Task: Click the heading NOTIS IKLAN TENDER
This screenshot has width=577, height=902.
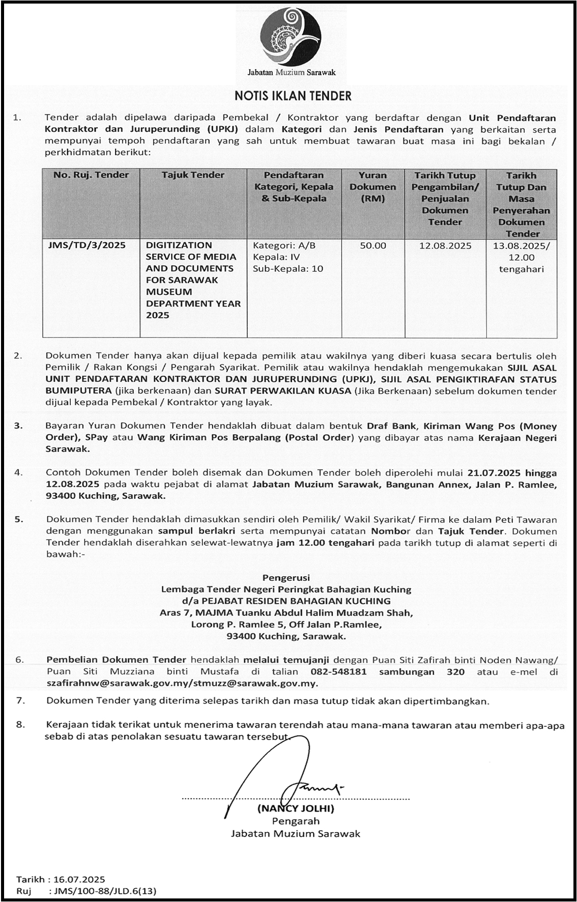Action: pyautogui.click(x=293, y=96)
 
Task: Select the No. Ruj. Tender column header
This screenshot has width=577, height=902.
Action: pyautogui.click(x=91, y=175)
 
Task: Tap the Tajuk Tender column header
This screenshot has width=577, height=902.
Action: pyautogui.click(x=193, y=175)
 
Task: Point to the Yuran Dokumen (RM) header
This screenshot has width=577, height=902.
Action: pyautogui.click(x=372, y=187)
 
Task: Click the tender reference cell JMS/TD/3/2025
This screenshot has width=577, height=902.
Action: pyautogui.click(x=86, y=245)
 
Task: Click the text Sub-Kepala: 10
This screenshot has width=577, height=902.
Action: pyautogui.click(x=287, y=269)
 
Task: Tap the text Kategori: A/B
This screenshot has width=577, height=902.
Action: pyautogui.click(x=284, y=245)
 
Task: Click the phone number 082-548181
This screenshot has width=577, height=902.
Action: pyautogui.click(x=345, y=672)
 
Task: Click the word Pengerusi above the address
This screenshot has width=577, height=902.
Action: pyautogui.click(x=286, y=578)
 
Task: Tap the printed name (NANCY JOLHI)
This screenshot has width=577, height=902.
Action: pyautogui.click(x=295, y=808)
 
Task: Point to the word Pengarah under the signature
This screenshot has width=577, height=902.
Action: pyautogui.click(x=296, y=821)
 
